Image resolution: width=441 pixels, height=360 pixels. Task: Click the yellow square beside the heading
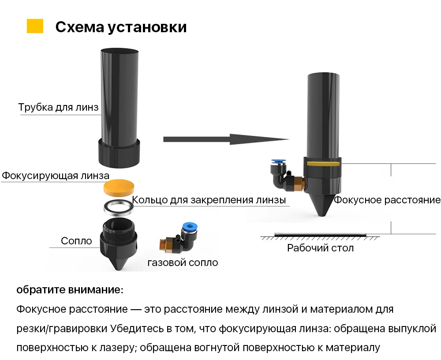coord(35,26)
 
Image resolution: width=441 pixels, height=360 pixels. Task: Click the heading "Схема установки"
coord(121,27)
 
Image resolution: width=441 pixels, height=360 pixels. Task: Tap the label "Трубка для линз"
coord(58,108)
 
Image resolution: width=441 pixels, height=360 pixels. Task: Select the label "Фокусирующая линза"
coord(55,176)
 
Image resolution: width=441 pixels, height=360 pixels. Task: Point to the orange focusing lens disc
coord(119,187)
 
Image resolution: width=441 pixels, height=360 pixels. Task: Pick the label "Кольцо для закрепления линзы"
coord(209,200)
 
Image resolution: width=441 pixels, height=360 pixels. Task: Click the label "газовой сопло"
coord(183,263)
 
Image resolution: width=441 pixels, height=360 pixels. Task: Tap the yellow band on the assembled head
coord(323,163)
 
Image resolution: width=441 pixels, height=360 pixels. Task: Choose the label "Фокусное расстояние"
coord(387,200)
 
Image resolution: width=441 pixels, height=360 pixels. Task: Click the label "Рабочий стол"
coord(320,248)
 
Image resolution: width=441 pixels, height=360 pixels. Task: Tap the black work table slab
coord(320,234)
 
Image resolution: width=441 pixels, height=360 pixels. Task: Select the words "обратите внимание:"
coord(70,290)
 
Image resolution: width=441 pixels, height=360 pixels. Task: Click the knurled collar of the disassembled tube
coord(119,152)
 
